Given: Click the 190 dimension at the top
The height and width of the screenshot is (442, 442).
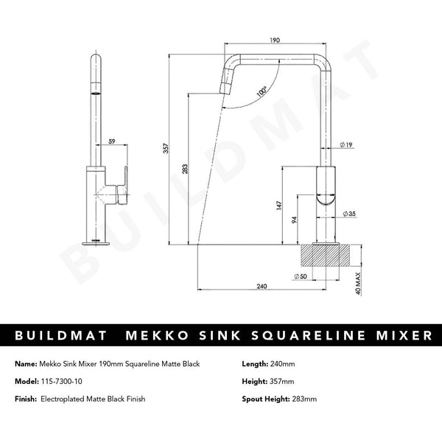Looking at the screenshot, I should [x=273, y=42].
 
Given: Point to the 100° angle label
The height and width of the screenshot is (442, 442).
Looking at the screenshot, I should [x=262, y=94].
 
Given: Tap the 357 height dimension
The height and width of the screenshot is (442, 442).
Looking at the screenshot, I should [x=166, y=148].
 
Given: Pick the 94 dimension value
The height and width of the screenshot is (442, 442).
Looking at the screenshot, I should [x=292, y=220].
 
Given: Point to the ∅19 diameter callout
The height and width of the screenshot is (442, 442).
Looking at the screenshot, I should [x=345, y=145].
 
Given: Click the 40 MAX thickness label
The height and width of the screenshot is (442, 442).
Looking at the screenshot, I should [x=357, y=281].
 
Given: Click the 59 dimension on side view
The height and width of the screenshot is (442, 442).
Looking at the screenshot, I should [x=112, y=141].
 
